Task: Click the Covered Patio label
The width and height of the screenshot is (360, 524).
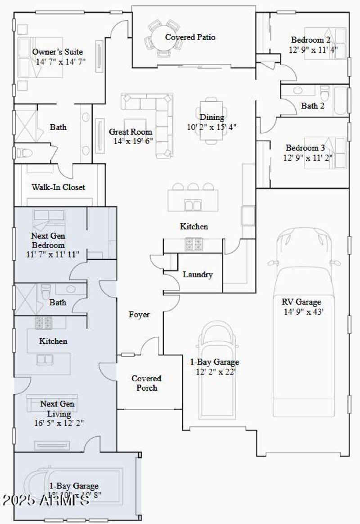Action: [190, 37]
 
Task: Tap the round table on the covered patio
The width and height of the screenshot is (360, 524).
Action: [161, 36]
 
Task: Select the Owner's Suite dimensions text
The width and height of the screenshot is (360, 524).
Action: [60, 61]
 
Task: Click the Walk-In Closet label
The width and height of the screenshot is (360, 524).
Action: [58, 187]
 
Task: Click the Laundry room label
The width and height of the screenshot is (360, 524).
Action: [198, 275]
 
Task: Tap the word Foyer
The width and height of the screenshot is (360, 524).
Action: [139, 315]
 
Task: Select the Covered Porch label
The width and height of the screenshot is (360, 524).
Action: [146, 383]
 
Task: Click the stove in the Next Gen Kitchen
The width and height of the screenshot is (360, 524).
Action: [44, 322]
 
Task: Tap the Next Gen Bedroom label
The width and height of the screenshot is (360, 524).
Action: [48, 240]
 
